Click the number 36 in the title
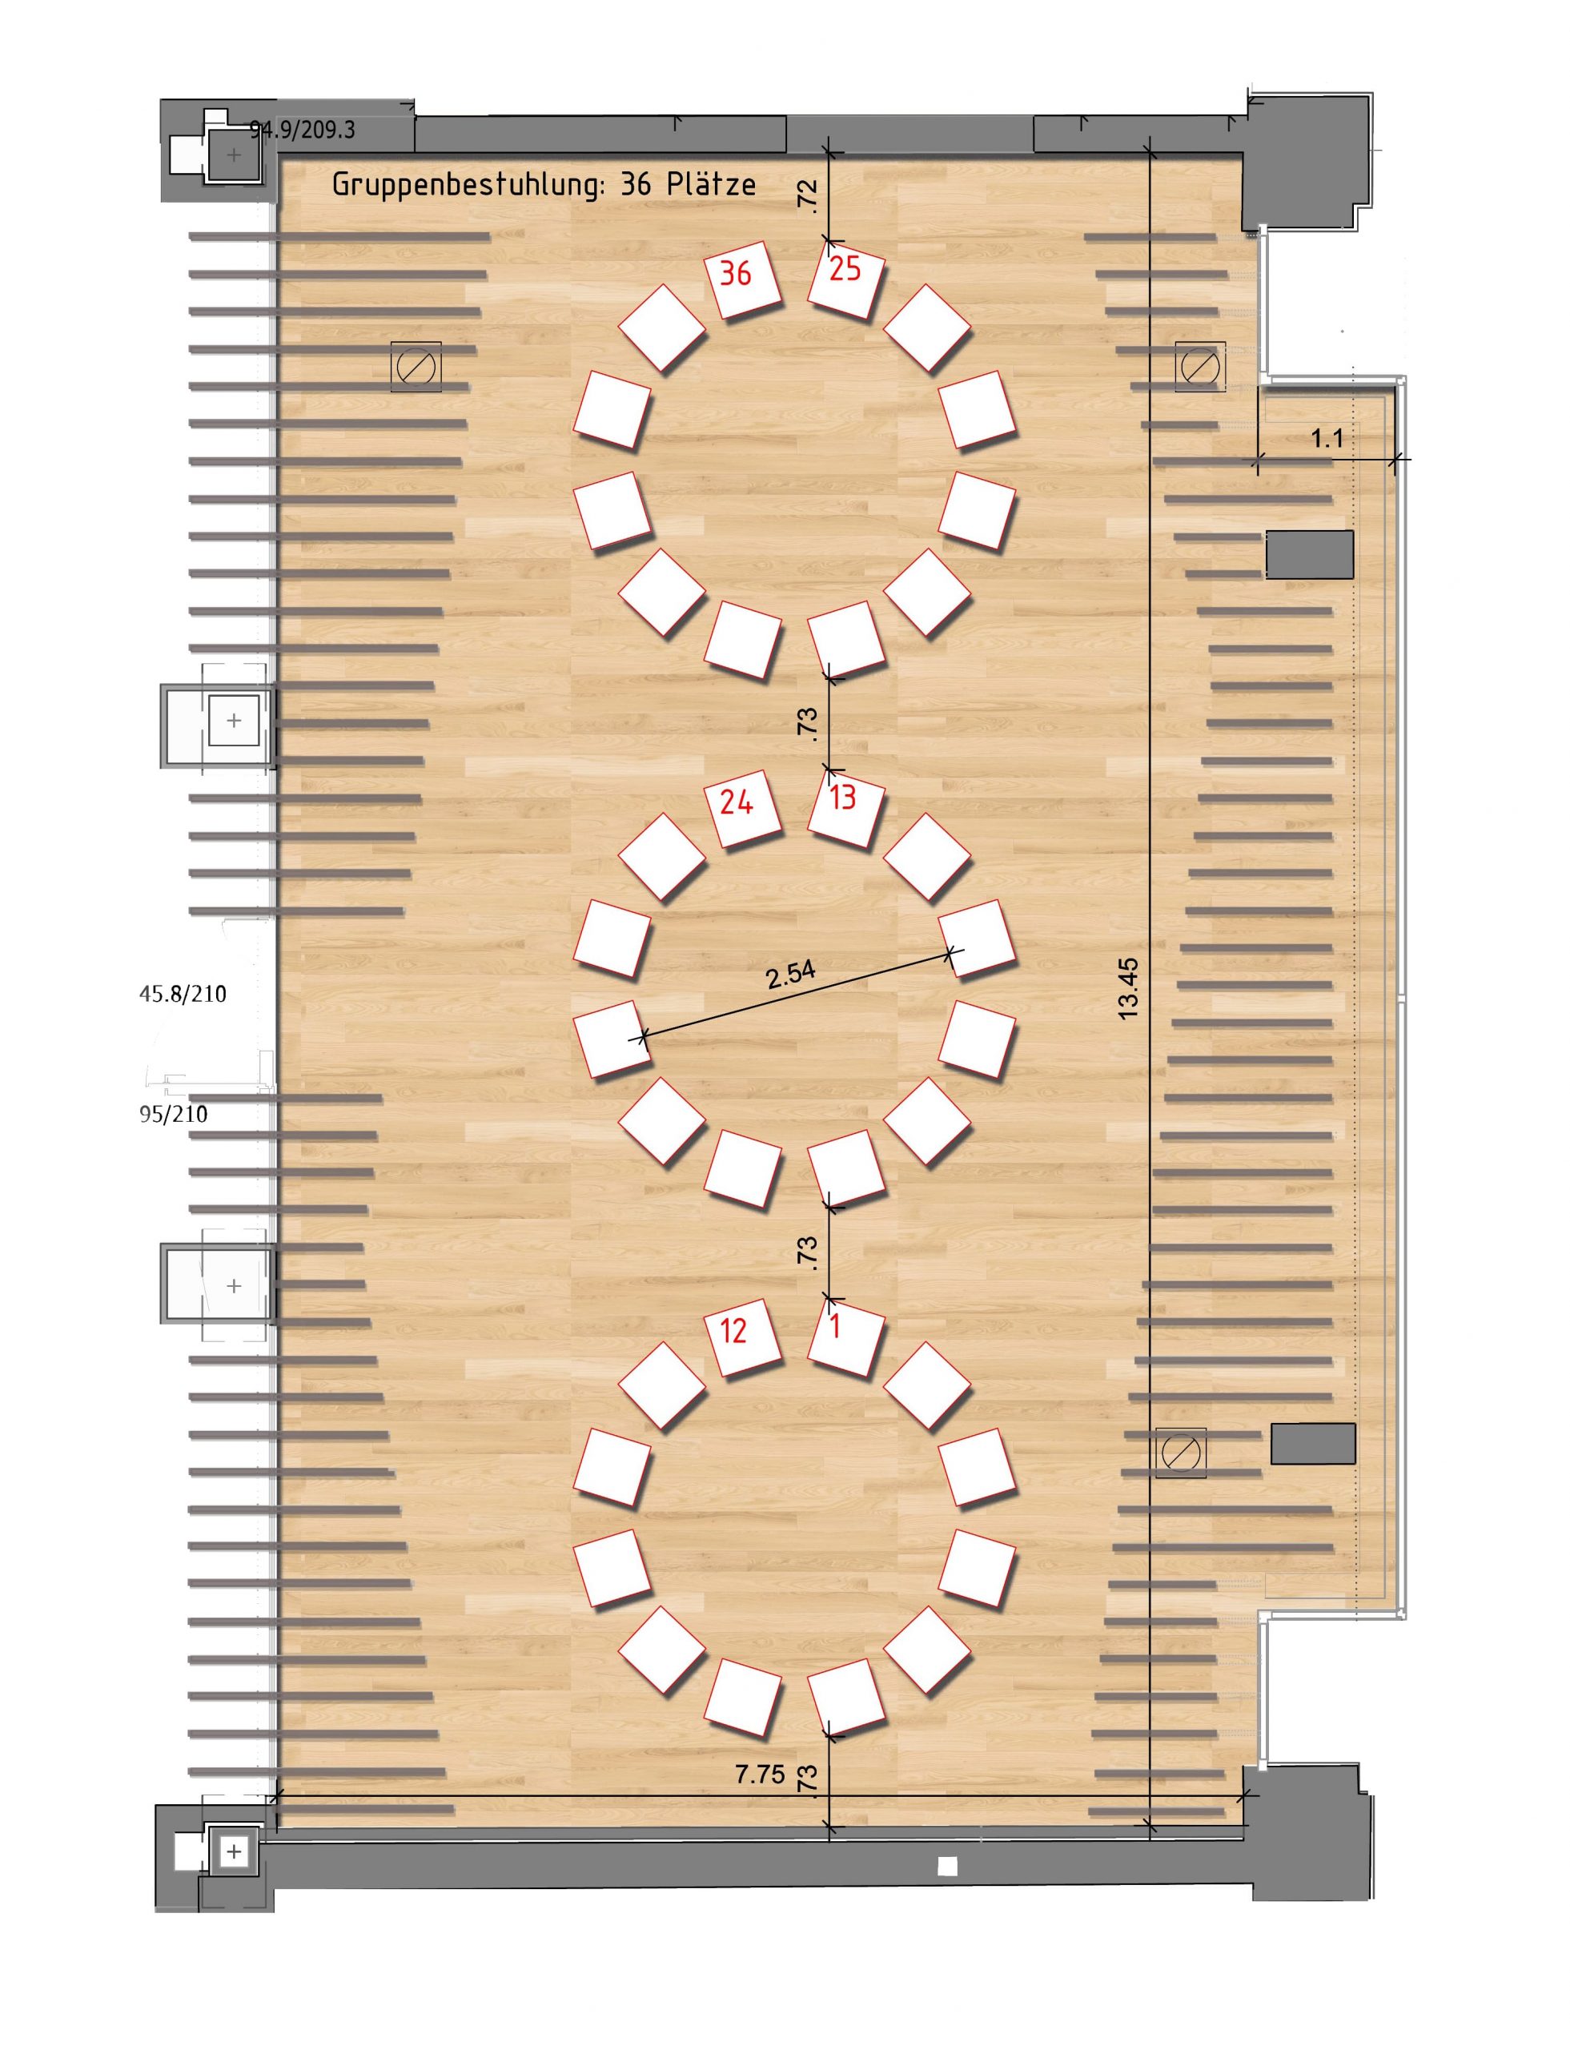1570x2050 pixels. pos(636,184)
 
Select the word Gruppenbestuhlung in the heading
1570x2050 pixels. pos(464,186)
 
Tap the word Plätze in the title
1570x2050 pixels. pos(712,184)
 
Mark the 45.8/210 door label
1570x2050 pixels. pos(183,994)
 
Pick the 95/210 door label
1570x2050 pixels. pos(174,1114)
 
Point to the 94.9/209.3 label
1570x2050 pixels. pos(303,130)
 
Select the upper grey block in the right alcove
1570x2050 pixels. pos(1309,555)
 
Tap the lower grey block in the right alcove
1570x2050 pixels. pos(1313,1443)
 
